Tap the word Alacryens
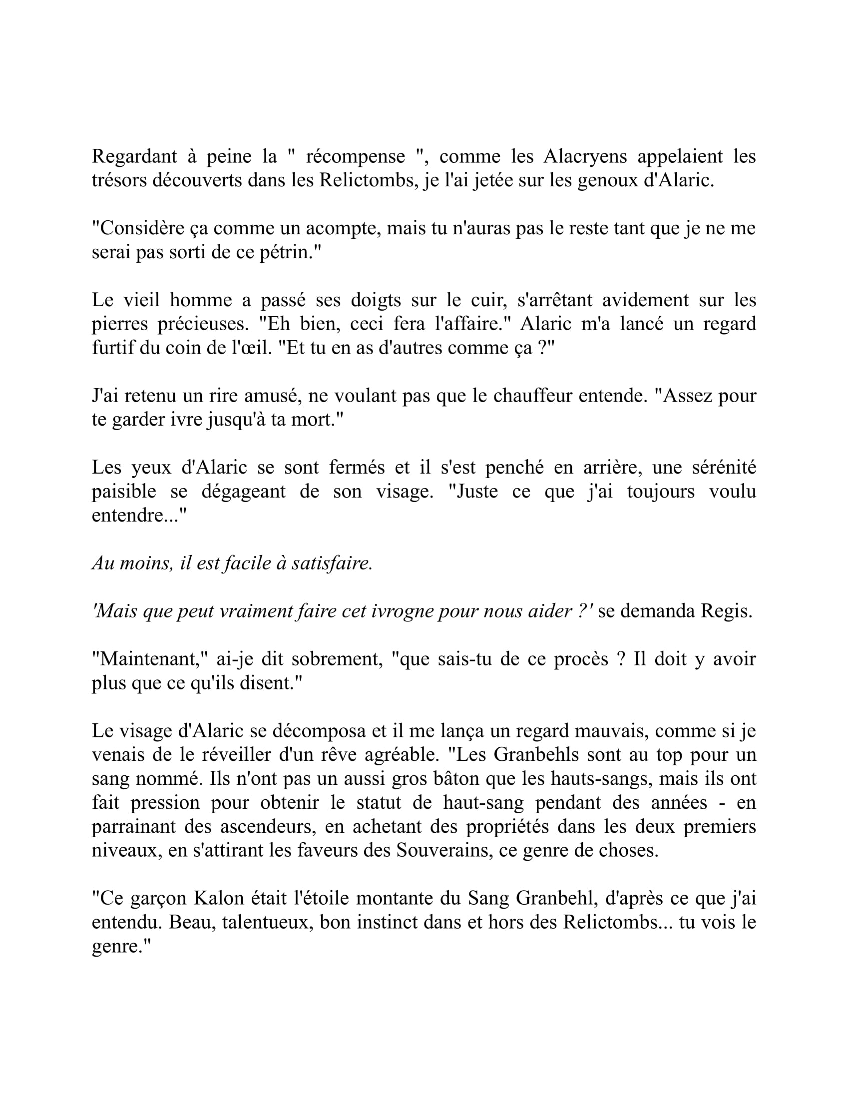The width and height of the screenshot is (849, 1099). [x=585, y=157]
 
